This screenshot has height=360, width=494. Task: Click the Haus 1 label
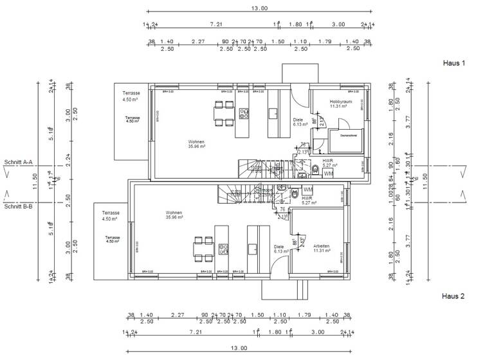click(453, 64)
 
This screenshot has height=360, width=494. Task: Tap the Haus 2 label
click(453, 296)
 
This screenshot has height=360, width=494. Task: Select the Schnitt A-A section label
click(18, 163)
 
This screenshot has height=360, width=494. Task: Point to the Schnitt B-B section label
click(18, 206)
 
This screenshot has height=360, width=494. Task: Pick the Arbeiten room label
click(322, 248)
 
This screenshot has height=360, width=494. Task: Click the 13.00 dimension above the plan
click(259, 8)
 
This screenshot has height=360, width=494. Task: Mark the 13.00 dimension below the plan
click(239, 348)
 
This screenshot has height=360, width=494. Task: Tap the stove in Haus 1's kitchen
click(244, 113)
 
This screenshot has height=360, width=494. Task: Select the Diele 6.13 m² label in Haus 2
click(279, 249)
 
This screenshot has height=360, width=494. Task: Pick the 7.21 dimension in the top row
click(216, 24)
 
